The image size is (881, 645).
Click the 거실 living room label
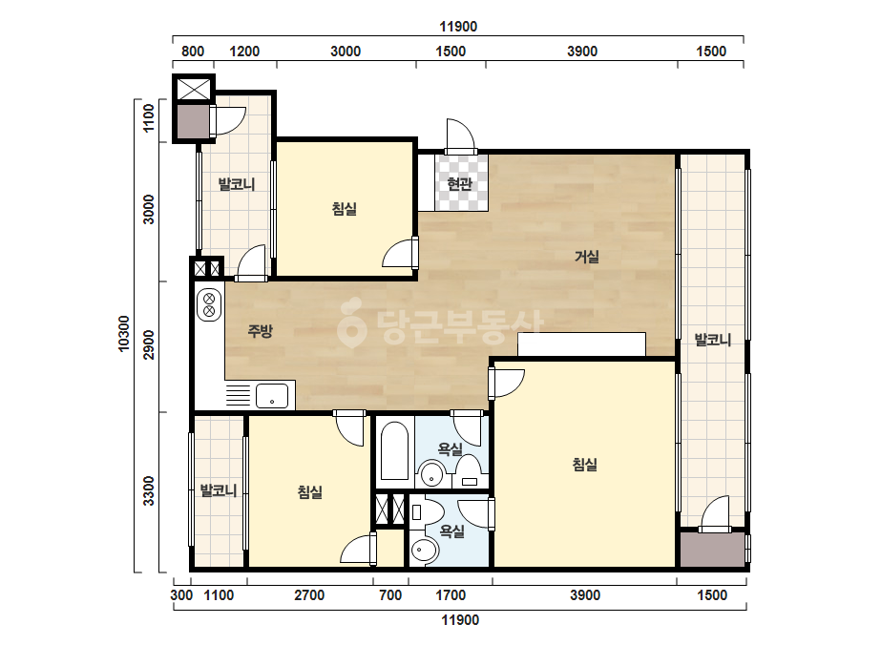[x=587, y=257]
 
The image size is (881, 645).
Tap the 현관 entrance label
[x=460, y=184]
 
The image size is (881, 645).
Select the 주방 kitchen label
[x=261, y=330]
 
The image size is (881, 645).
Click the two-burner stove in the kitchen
[x=208, y=304]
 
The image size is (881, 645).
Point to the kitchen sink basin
[x=272, y=396]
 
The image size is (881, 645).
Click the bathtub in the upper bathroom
[x=394, y=451]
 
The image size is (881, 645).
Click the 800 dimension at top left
[x=193, y=52]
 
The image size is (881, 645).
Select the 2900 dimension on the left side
[x=148, y=344]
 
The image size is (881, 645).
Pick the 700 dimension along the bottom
[x=390, y=595]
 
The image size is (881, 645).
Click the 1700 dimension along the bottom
[x=451, y=595]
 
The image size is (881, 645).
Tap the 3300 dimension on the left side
[x=148, y=490]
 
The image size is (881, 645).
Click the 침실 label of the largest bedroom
[x=584, y=464]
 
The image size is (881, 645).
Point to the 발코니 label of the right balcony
[x=712, y=340]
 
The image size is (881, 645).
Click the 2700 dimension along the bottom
[x=309, y=595]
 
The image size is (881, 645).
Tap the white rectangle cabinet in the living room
[x=581, y=343]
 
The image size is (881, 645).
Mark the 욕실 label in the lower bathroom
[x=451, y=531]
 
